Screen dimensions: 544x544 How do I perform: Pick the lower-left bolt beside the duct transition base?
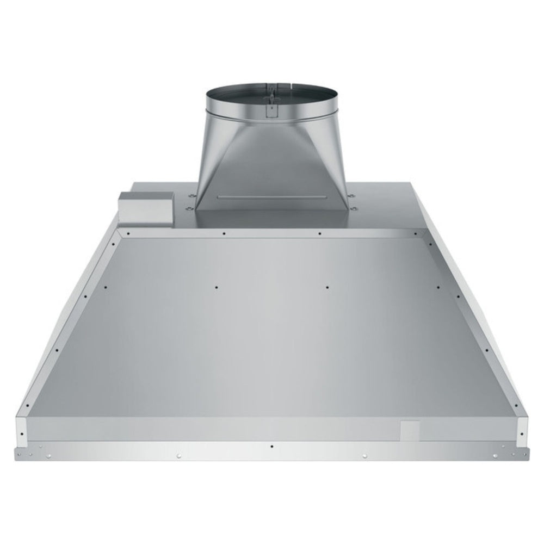coord(188,208)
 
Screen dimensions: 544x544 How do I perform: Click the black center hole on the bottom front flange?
coord(271,446)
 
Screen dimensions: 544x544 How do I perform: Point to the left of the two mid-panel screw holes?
coord(216,287)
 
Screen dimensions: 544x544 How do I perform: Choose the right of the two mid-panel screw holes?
coord(327,287)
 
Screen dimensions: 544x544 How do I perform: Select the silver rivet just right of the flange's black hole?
coord(364,455)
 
